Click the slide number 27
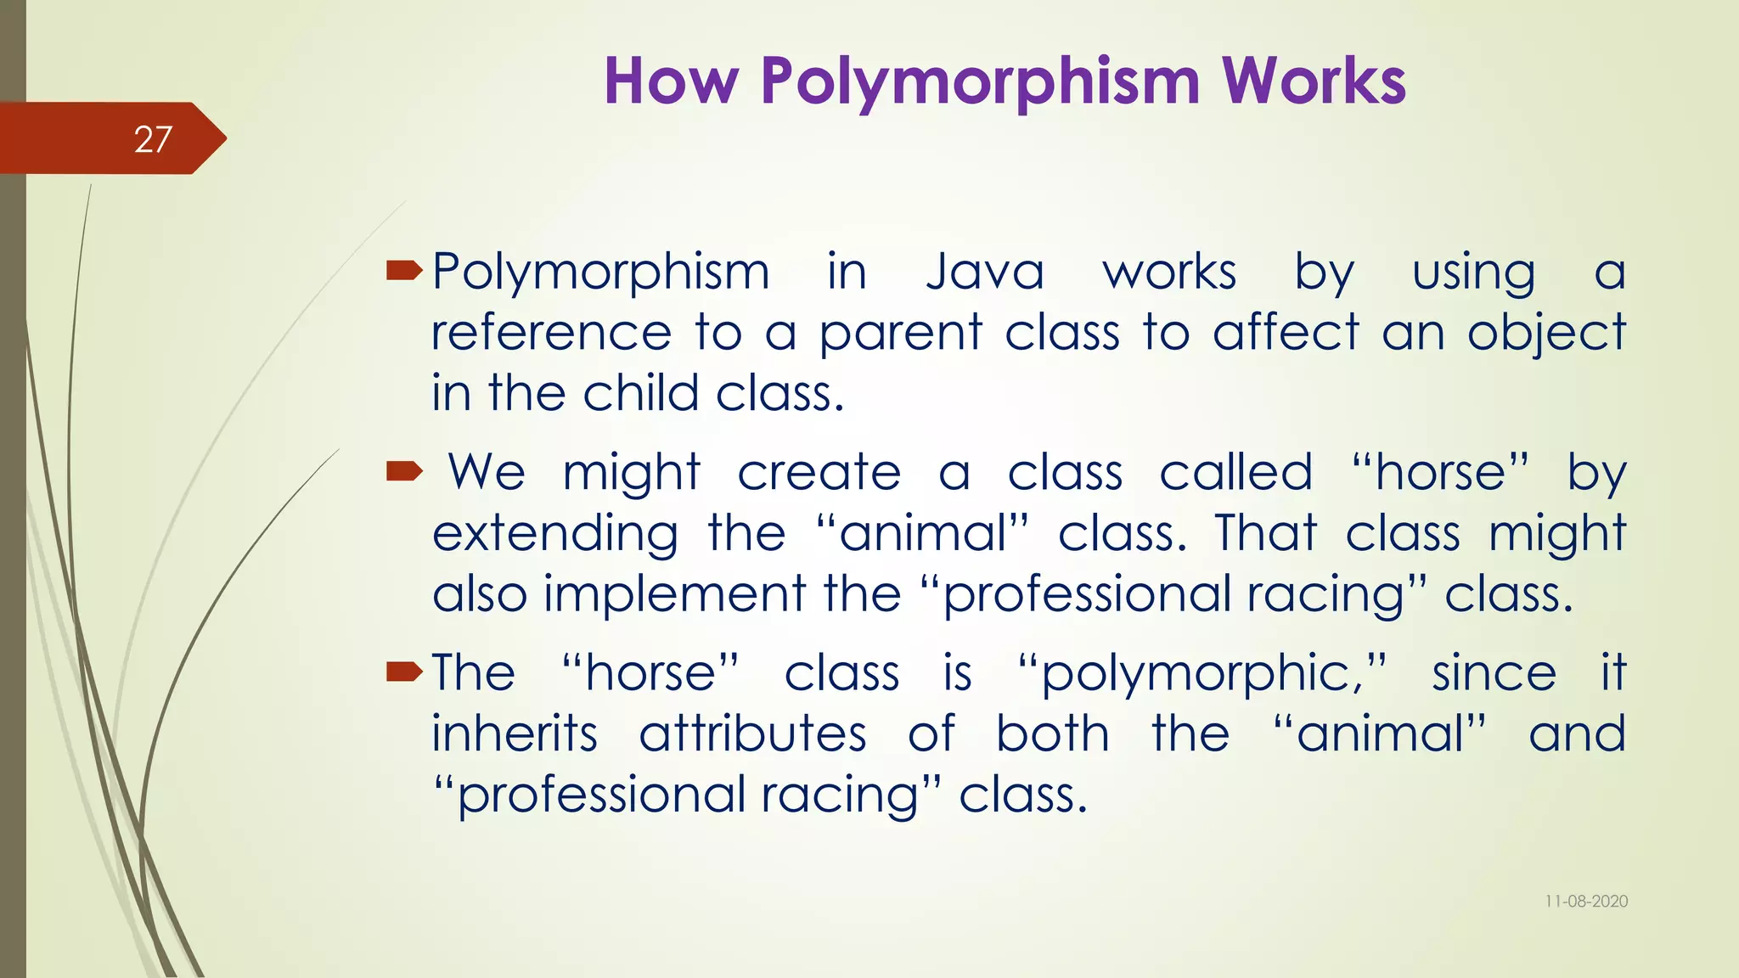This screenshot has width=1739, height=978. tap(153, 139)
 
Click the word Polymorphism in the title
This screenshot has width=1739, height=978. tap(982, 82)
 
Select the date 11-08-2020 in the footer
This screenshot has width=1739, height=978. tap(1586, 902)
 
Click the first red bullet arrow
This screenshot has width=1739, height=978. tap(403, 271)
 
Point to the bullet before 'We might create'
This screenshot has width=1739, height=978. tap(403, 471)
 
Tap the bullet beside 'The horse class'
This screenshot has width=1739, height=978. tap(403, 673)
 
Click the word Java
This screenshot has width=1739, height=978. tap(984, 273)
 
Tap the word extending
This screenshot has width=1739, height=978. tap(555, 535)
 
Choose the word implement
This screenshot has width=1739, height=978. tap(675, 594)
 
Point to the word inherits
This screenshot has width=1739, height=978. tap(515, 733)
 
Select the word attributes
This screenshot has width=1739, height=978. tap(752, 733)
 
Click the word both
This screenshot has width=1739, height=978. tap(1052, 733)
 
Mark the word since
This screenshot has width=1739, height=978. tap(1494, 673)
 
